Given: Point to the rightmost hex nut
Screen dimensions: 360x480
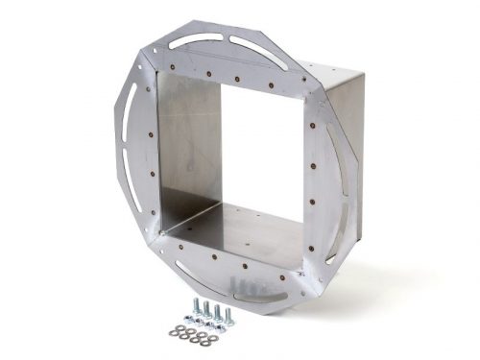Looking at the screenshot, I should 220,327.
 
